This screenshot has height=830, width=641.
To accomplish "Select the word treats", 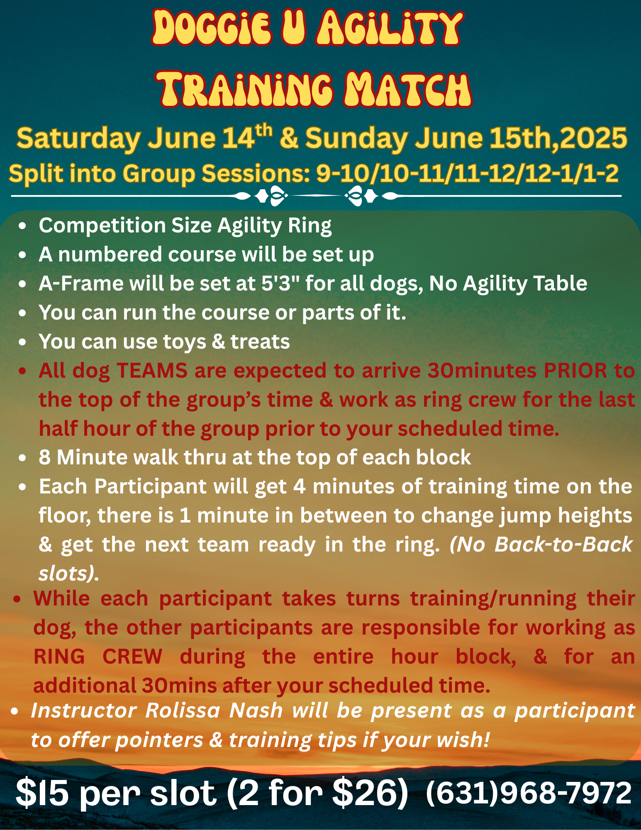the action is [260, 342].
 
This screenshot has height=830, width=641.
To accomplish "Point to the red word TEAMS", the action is [152, 370].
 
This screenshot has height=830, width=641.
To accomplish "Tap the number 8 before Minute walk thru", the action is [45, 457].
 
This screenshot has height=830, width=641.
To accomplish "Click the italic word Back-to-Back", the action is [563, 544].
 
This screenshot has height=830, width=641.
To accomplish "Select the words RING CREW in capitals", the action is [98, 657].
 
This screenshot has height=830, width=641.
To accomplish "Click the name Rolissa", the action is [183, 710].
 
